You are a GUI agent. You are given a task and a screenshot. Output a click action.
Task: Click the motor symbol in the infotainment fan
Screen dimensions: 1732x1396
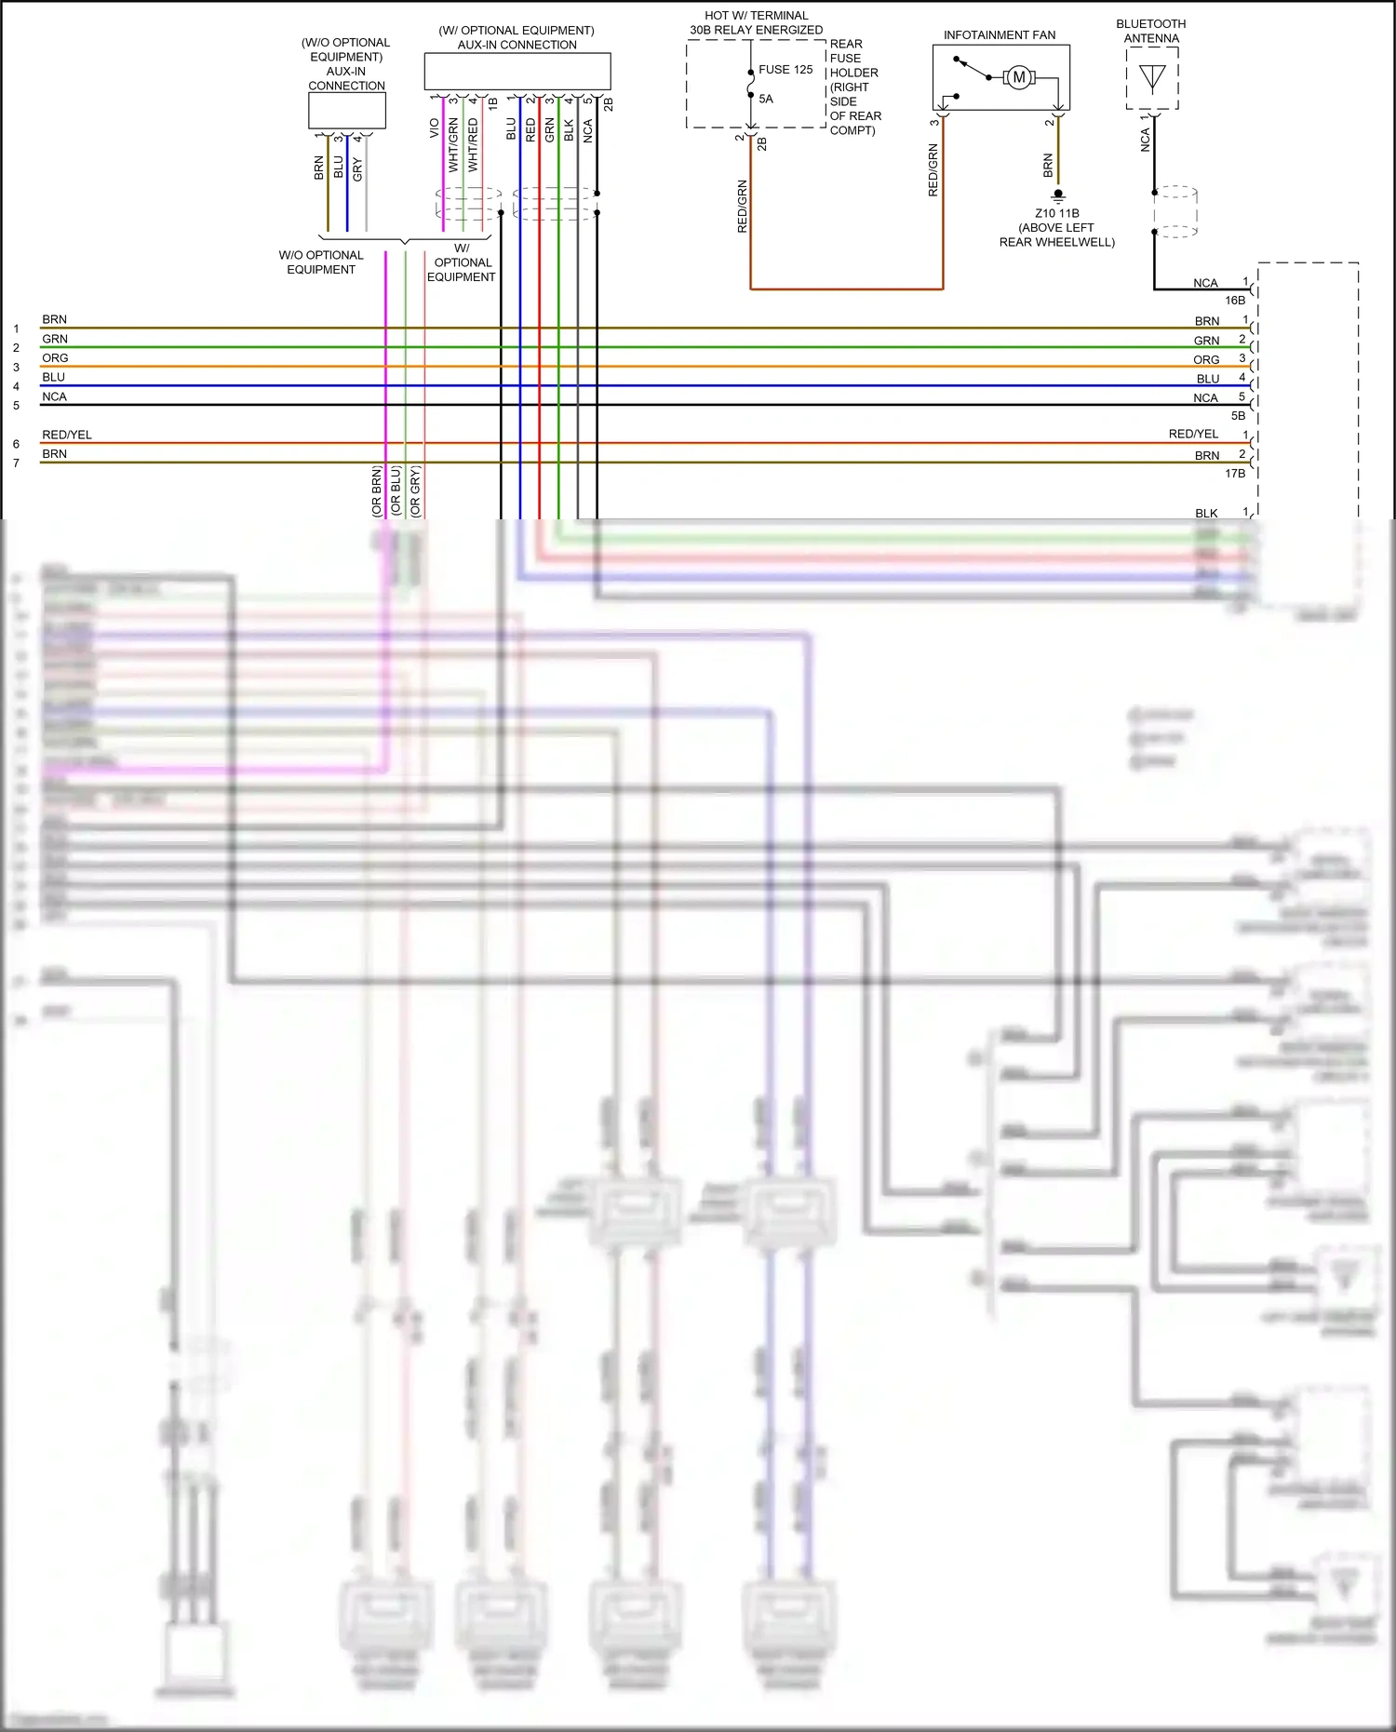pos(1019,77)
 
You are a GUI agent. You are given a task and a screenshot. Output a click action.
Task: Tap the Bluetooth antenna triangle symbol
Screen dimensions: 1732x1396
pos(1152,78)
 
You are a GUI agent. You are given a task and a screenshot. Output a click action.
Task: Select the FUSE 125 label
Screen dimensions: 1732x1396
pos(785,70)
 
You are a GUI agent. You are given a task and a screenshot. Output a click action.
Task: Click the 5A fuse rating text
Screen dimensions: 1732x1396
pos(765,99)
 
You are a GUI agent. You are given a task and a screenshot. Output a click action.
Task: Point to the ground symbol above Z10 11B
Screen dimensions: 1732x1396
pos(1058,196)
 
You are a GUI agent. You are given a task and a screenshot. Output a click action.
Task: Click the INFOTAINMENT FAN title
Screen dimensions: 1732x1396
pos(999,35)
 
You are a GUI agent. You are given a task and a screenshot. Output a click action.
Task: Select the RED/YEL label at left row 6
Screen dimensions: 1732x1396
pos(66,435)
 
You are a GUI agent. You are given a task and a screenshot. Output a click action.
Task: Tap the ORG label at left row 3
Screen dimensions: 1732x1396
pos(55,358)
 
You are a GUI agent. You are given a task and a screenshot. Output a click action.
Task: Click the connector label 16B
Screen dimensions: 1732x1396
pos(1234,301)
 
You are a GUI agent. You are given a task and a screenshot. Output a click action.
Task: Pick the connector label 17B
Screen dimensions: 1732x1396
pos(1234,474)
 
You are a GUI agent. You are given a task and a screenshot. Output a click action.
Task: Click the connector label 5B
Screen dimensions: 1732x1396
pos(1238,416)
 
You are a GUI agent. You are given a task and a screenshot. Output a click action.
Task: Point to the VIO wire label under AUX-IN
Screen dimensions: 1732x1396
pos(434,128)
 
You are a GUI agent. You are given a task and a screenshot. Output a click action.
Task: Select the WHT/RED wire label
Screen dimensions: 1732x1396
pos(473,144)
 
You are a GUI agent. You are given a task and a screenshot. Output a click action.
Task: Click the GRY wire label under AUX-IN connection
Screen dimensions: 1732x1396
pos(357,169)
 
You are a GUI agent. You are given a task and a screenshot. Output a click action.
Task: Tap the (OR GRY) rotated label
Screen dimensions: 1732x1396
pos(415,491)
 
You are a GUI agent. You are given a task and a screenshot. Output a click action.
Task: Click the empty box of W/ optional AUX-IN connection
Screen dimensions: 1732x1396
pos(517,71)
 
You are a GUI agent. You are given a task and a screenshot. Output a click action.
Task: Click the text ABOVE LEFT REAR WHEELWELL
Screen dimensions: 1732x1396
pos(1056,235)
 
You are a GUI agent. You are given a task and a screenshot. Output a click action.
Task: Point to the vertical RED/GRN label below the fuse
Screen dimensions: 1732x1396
pos(742,206)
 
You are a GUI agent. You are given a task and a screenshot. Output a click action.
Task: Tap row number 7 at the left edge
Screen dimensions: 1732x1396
pos(16,463)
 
